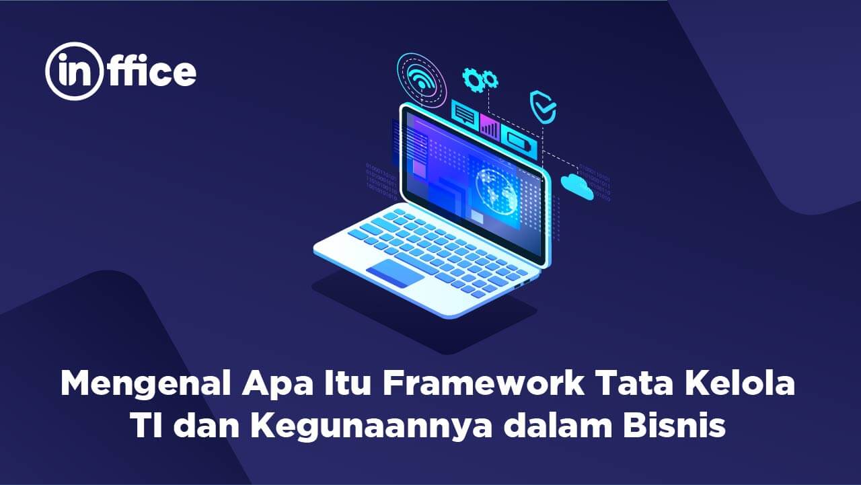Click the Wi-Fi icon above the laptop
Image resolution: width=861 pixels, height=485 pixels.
click(x=422, y=79)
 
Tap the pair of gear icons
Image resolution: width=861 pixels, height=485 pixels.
click(x=480, y=80)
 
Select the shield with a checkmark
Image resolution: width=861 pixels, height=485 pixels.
click(x=543, y=106)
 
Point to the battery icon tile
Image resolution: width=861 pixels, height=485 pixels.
click(x=518, y=143)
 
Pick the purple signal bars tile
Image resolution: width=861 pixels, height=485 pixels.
click(x=489, y=128)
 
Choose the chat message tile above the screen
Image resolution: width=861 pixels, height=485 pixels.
click(x=465, y=115)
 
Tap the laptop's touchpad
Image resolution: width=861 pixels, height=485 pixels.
click(x=395, y=272)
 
